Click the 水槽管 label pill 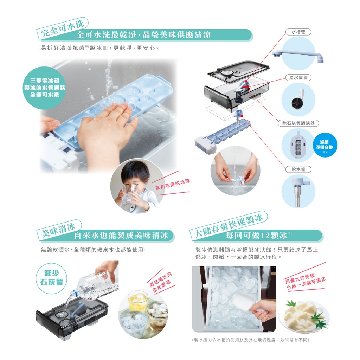(x=298, y=32)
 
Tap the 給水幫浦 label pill (x=298, y=78)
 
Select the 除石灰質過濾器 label (x=298, y=123)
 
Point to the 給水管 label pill (x=298, y=169)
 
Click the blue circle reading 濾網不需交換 (x=324, y=145)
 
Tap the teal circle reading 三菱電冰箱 (x=45, y=88)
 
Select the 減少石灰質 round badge (x=51, y=278)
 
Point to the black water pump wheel (x=296, y=102)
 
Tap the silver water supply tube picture (x=298, y=191)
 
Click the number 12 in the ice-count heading (x=264, y=235)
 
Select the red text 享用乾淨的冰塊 (x=173, y=184)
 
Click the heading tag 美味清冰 (x=58, y=230)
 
